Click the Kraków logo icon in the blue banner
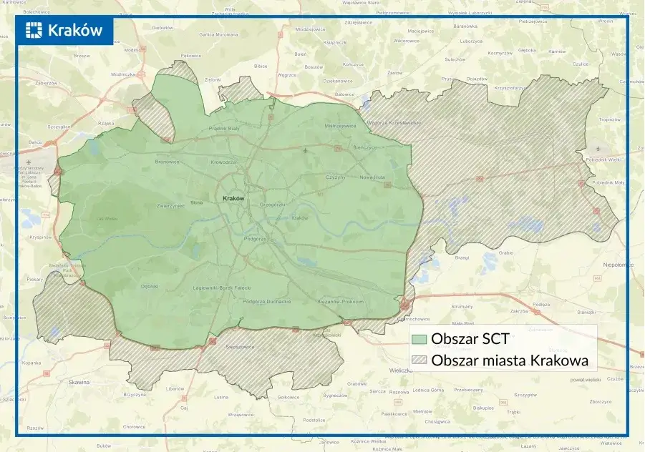(x=34, y=30)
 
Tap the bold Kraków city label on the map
(x=233, y=198)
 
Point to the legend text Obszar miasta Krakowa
(x=510, y=361)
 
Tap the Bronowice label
(x=168, y=162)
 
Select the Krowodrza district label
(x=223, y=162)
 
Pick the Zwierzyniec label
(x=170, y=205)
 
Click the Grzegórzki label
(x=272, y=205)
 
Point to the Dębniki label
(x=149, y=286)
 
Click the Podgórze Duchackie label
(x=267, y=301)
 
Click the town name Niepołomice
(x=619, y=264)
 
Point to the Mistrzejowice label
(x=340, y=125)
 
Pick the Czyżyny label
(x=335, y=177)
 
